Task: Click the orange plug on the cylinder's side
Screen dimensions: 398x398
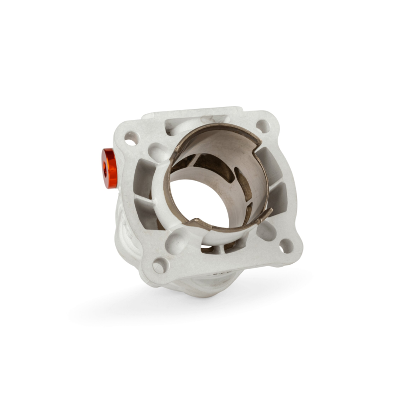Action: [110, 168]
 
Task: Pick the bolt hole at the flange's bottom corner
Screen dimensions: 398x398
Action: [159, 265]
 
